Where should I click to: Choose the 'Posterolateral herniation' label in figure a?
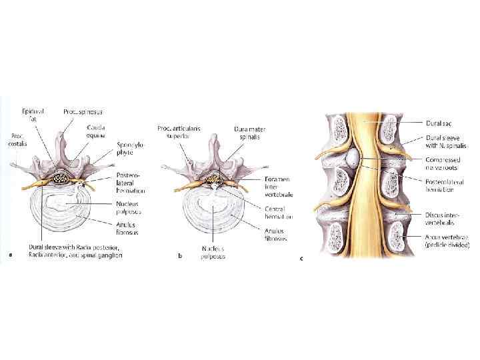click(x=131, y=182)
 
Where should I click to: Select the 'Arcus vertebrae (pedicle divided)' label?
click(x=447, y=241)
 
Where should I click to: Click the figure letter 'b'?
click(x=180, y=254)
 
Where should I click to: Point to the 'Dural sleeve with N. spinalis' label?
click(x=447, y=142)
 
